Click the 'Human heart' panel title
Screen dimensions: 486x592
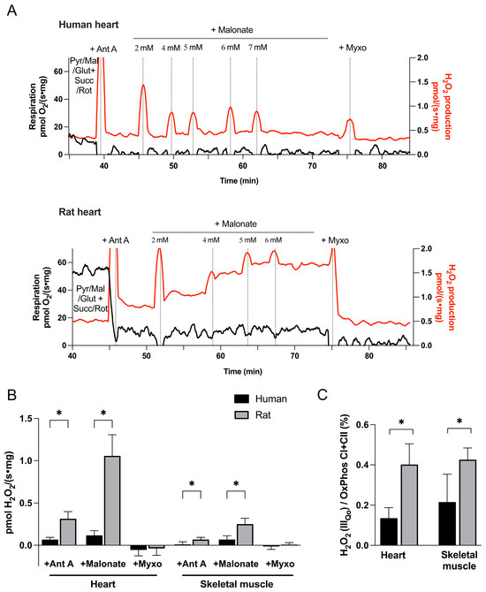tap(88, 25)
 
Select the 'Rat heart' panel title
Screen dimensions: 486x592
tap(80, 212)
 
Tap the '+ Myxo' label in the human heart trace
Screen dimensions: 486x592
tap(353, 48)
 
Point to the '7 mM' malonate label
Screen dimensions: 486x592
tap(258, 48)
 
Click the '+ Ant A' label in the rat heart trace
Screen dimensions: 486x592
tap(116, 240)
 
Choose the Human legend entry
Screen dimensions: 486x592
tap(261, 398)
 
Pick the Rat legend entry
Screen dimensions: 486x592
tap(253, 415)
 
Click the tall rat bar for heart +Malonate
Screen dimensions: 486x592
tap(112, 501)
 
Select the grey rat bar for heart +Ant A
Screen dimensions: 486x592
tap(68, 532)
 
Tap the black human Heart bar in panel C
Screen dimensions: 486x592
tap(389, 532)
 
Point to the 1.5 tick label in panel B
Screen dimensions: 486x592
tap(27, 418)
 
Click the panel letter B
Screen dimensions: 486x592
tap(11, 395)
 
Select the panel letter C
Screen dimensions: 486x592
tap(323, 395)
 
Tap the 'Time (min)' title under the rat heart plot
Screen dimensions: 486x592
tap(243, 371)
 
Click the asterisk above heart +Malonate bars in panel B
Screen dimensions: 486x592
tap(103, 413)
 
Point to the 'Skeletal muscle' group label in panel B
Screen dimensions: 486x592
tap(237, 584)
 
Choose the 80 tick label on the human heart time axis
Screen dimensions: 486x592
tap(382, 166)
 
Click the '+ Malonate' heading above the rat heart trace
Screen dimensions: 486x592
tap(236, 224)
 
